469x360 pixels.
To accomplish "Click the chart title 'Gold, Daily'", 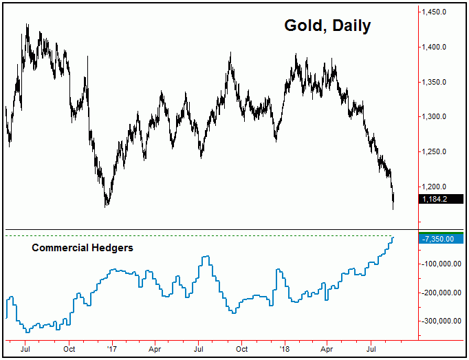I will (x=327, y=26).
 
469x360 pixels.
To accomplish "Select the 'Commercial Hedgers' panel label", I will (x=83, y=248).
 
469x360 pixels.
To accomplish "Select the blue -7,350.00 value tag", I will (x=439, y=239).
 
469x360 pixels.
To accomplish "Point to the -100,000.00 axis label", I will (x=440, y=264).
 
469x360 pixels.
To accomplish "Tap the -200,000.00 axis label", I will (x=440, y=293).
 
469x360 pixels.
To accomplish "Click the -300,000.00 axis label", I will (x=440, y=321).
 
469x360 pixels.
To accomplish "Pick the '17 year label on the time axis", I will (x=112, y=350).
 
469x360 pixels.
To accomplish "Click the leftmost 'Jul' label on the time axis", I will (x=25, y=350).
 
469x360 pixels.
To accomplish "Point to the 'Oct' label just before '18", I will (x=241, y=350).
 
